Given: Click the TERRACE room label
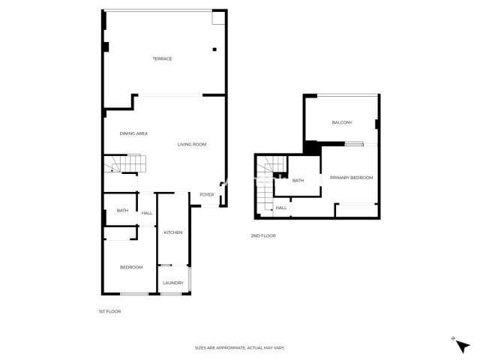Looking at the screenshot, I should coord(162,58).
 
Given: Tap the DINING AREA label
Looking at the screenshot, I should coord(133,133).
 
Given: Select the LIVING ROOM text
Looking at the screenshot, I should coord(191,144).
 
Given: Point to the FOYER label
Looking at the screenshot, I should coord(206,195).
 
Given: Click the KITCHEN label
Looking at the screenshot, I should coord(173,232).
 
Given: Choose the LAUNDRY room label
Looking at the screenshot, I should coord(173,283).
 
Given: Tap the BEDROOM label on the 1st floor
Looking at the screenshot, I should coord(131,268).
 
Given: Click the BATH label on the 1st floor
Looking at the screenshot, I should coord(122,211).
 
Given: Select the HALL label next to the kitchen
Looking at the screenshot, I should coord(147,213).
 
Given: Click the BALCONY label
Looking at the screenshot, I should coord(342,122).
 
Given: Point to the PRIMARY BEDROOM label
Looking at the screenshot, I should coord(351,177).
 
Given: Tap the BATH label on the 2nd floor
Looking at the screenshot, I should coord(298,180).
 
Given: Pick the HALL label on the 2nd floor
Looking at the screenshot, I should coord(281,208).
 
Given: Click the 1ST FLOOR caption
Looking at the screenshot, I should coord(109,311).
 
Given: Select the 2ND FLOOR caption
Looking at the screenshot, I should coord(263,235).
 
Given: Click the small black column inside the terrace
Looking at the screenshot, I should coord(214,49).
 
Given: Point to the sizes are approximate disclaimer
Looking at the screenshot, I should coord(239,348).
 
